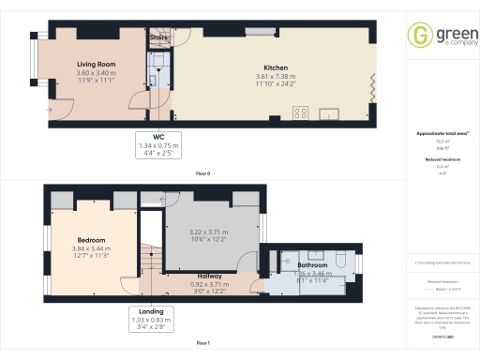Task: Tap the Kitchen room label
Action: coord(275,68)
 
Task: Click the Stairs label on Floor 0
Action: coord(157,38)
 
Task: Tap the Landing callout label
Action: coord(151,310)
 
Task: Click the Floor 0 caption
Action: coord(202,174)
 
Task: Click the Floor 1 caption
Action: coord(202,343)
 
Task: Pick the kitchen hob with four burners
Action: coord(303,113)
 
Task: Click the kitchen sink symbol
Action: coord(330,114)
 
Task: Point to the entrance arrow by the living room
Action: coord(48,109)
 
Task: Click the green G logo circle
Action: coord(420,38)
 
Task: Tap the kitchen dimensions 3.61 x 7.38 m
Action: coord(275,77)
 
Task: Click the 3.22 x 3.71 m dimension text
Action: coord(209,232)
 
